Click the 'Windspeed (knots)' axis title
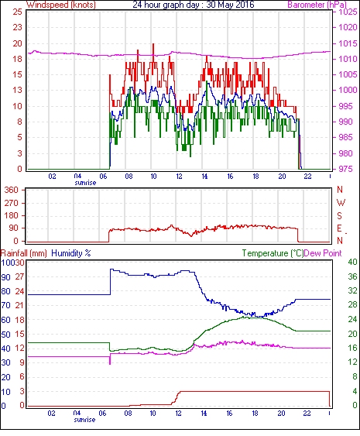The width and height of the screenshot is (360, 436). click(x=61, y=5)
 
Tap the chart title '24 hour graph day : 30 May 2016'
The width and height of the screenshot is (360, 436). click(x=194, y=5)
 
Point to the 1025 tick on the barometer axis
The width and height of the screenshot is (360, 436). click(x=348, y=12)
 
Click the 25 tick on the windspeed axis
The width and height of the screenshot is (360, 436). click(x=17, y=12)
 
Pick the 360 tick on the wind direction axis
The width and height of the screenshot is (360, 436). click(x=11, y=191)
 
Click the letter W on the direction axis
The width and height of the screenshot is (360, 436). click(x=341, y=203)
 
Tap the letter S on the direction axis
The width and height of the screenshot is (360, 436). click(x=339, y=215)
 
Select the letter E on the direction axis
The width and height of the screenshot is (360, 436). click(x=339, y=228)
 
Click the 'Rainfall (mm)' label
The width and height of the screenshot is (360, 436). click(x=24, y=253)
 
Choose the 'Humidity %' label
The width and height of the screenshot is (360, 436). click(x=71, y=253)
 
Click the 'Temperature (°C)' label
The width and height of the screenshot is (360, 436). click(x=273, y=253)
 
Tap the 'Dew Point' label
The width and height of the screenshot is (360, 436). click(x=323, y=253)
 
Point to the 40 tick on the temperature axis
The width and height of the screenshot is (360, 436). click(x=352, y=262)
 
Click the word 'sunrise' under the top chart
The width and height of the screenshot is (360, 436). click(x=85, y=183)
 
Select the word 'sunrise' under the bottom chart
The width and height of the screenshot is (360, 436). click(x=84, y=420)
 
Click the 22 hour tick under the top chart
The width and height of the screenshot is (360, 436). click(x=307, y=177)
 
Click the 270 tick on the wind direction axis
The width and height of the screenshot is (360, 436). click(x=12, y=203)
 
